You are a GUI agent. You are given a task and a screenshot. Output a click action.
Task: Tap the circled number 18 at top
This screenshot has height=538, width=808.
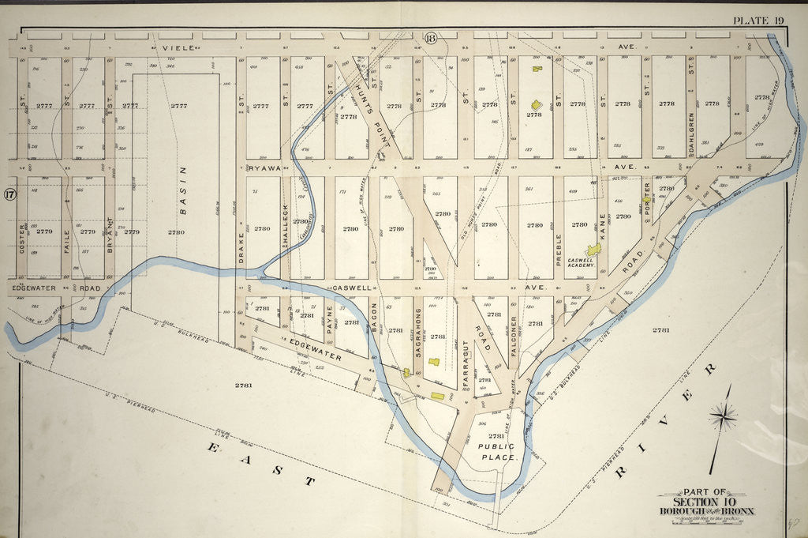coord(431,40)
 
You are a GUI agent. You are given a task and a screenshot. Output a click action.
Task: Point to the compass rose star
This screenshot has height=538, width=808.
coord(722,415)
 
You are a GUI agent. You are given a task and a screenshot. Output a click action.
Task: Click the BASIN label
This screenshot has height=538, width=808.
coord(182,189)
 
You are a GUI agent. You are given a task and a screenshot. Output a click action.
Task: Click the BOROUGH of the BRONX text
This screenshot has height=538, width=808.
coord(706,511)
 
